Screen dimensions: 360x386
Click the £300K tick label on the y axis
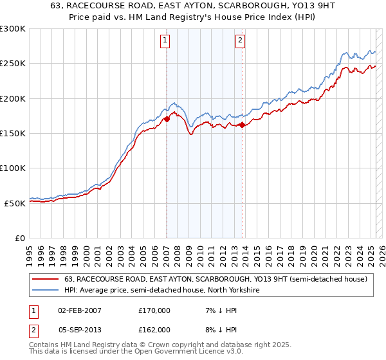coord(13,29)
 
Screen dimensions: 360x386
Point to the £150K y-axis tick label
coord(13,133)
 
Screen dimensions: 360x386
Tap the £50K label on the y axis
coord(15,203)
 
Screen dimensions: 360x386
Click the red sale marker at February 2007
coord(167,119)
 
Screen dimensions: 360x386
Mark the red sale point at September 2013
coord(242,125)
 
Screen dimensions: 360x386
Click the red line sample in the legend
coord(45,280)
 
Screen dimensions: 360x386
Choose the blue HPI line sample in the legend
coord(45,291)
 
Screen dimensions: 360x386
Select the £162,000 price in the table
coord(154,330)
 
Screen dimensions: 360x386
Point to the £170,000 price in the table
coord(154,310)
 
